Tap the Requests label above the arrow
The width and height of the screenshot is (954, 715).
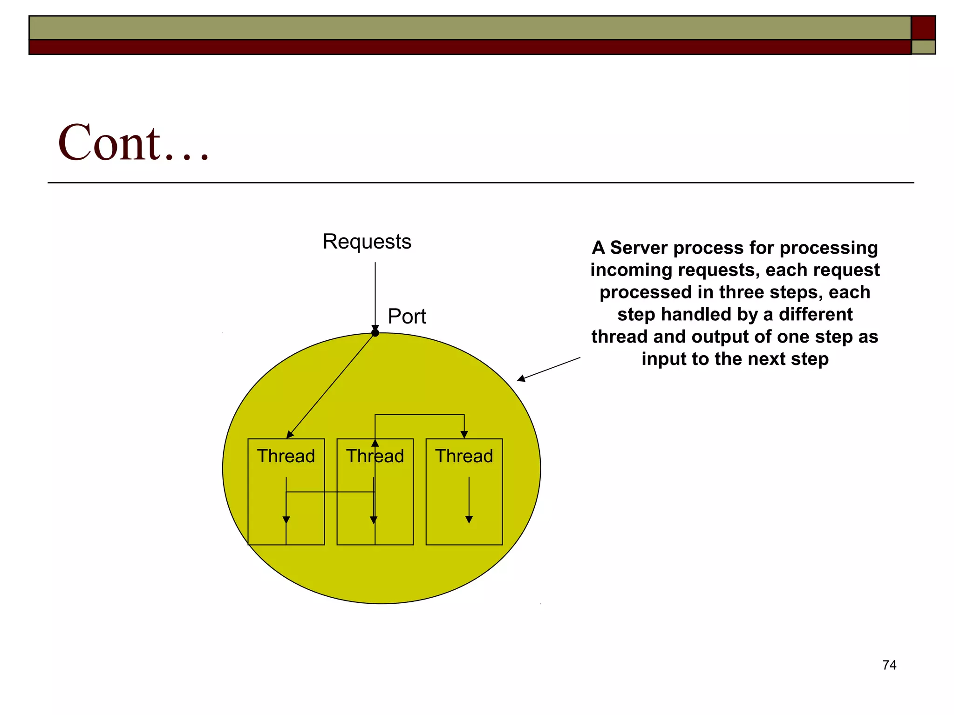[367, 242]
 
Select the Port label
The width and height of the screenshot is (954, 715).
[407, 317]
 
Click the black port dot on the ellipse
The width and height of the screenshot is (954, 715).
[375, 332]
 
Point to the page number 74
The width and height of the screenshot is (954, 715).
[889, 665]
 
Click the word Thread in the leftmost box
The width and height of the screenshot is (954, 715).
[286, 456]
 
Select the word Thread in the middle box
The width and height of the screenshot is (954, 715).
[375, 456]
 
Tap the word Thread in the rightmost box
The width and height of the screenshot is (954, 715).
[464, 456]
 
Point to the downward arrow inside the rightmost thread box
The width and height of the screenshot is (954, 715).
[469, 500]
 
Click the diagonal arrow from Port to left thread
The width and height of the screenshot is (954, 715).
[331, 385]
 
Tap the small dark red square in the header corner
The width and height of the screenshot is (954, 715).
[923, 27]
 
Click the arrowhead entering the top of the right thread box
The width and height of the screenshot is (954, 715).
[464, 434]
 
